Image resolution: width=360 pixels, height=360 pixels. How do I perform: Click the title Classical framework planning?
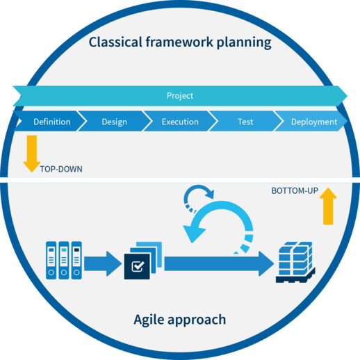[x=179, y=43]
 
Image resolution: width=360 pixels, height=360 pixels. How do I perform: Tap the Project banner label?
[x=179, y=96]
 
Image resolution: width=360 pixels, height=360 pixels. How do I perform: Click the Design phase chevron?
[x=114, y=122]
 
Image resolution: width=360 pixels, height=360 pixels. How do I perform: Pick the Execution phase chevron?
[x=179, y=122]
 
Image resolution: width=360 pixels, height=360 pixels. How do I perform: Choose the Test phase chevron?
[x=245, y=122]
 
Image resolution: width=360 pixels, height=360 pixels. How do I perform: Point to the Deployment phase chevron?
[x=313, y=122]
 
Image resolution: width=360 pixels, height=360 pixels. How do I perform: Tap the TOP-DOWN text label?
[x=61, y=168]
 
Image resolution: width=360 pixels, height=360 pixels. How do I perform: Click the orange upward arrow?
[x=329, y=206]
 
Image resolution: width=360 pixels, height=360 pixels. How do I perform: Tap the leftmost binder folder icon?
[x=51, y=261]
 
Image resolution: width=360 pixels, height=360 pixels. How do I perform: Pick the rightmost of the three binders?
[x=76, y=261]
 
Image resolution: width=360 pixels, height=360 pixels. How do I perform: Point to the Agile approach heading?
[x=179, y=320]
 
